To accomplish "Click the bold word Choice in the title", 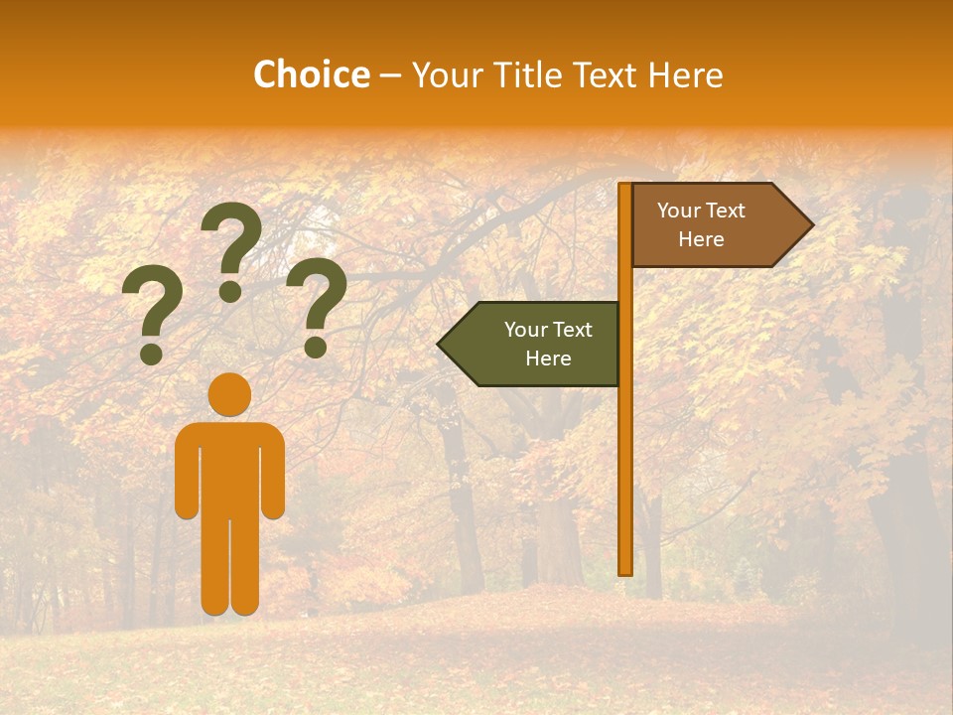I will pos(312,75).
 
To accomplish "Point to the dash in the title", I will pos(390,76).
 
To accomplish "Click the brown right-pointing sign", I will pos(715,225).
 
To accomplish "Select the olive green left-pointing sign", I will pos(536,344).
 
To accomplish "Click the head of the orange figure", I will pos(229,394).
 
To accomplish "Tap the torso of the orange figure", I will pos(229,467).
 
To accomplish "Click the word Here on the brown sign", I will pos(701,239).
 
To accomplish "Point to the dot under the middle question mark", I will pos(230,291).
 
